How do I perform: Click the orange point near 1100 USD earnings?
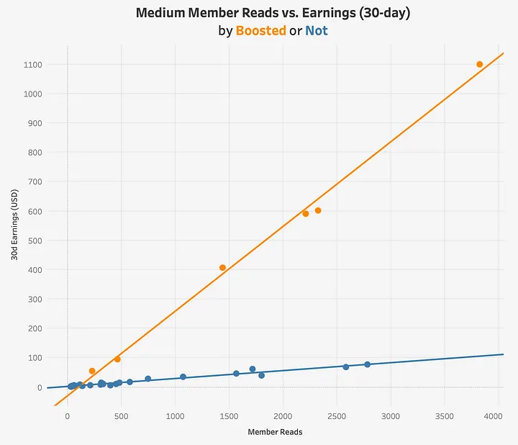coord(479,64)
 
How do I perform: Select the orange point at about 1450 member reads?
coord(222,268)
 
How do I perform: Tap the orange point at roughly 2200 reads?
coord(305,213)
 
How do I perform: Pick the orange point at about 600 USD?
coord(318,210)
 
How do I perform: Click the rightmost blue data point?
coord(367,364)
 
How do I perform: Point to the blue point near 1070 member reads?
coord(183,377)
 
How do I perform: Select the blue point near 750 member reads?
coord(147,379)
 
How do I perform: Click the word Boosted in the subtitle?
coord(261,31)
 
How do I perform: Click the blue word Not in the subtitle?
coord(316,31)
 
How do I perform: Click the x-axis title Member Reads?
coord(275,432)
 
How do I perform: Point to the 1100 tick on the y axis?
coord(32,65)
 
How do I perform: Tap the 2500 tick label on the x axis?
coord(337,416)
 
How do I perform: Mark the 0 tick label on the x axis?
coord(67,416)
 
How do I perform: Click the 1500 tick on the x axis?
coord(229,416)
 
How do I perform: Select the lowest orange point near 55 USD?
coord(92,371)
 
